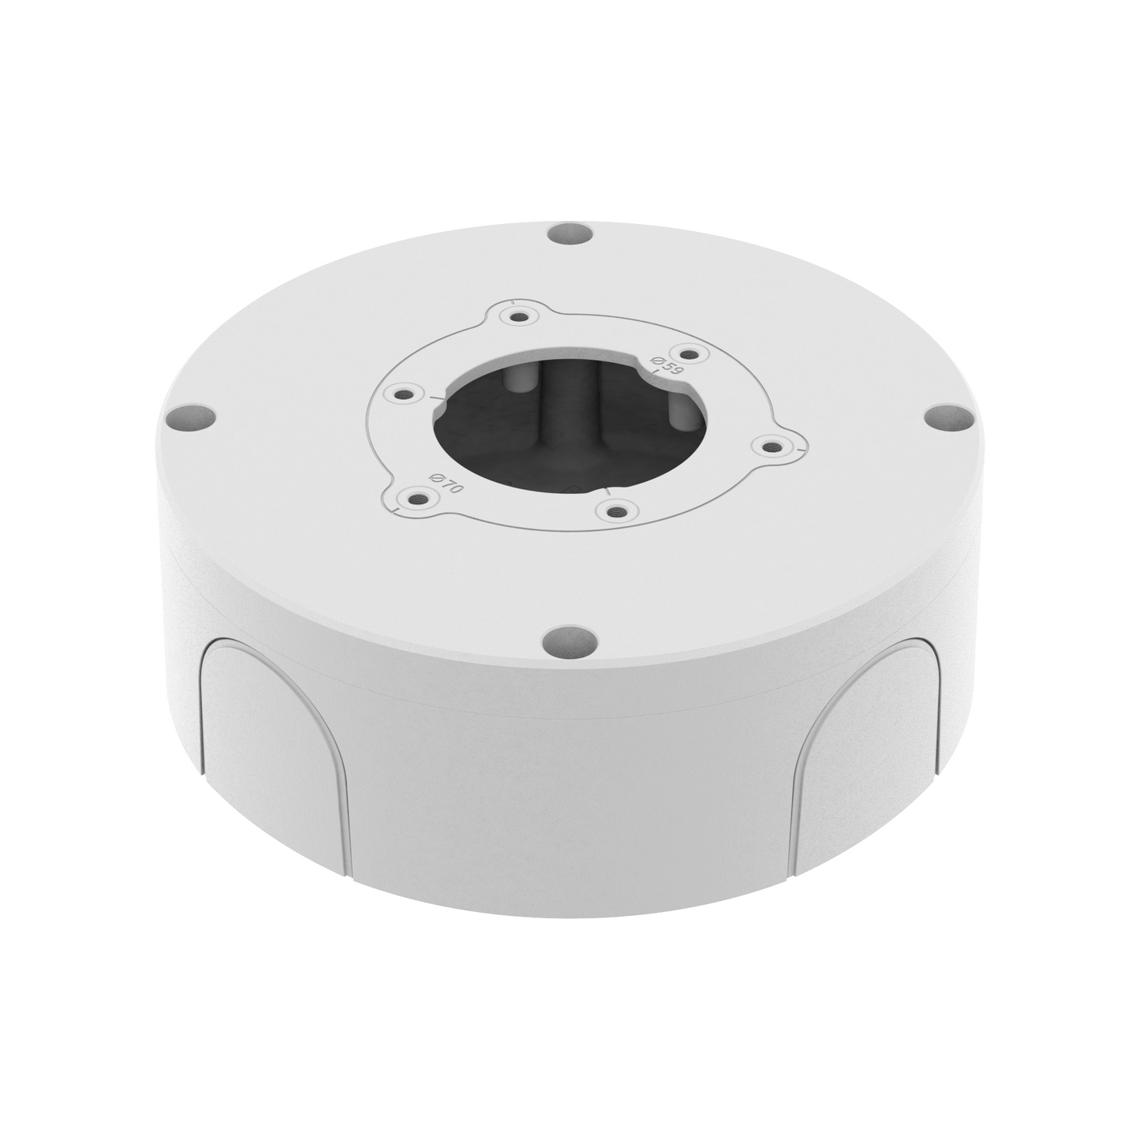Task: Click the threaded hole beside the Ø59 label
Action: coord(688,353)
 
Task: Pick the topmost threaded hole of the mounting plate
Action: coord(518,317)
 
